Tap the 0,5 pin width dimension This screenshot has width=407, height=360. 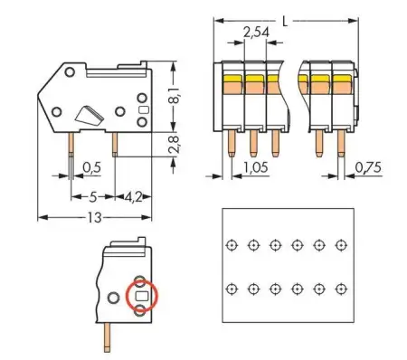[x=91, y=167]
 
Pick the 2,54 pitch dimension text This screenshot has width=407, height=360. [x=255, y=33]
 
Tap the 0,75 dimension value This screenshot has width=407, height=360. [x=367, y=168]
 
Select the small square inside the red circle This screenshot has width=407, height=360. [x=142, y=296]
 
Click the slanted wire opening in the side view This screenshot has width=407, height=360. [x=91, y=114]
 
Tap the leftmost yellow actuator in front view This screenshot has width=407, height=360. [x=232, y=81]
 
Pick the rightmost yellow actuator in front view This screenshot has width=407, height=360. [x=342, y=81]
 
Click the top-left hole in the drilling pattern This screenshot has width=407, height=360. [x=232, y=244]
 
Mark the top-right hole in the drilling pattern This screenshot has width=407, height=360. [x=340, y=244]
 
